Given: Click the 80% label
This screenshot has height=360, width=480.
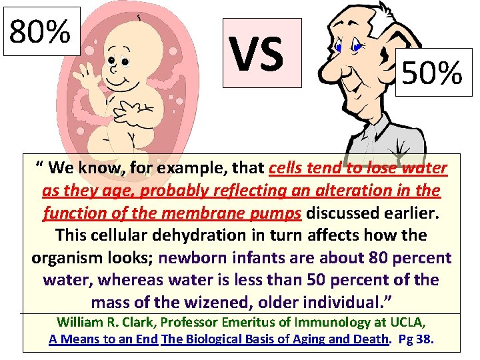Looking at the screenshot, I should click(41, 31).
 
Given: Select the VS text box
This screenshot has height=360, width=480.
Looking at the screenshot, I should click(262, 53).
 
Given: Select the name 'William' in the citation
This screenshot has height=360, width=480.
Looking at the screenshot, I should click(81, 323).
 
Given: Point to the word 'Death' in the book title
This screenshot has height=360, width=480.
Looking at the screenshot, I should click(369, 339).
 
